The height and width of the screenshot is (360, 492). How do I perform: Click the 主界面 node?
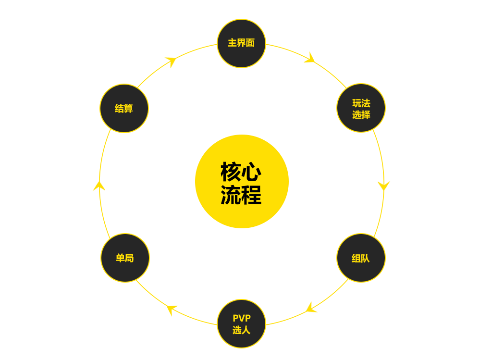[x=241, y=43]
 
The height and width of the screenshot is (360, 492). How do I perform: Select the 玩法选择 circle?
[x=361, y=108]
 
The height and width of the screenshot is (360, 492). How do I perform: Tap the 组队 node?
[x=361, y=258]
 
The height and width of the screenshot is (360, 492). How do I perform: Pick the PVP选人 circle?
[x=241, y=323]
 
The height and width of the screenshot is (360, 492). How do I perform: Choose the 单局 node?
[x=125, y=258]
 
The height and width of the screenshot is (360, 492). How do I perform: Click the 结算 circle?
[x=124, y=108]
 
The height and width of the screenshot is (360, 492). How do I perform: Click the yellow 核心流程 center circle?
[x=242, y=181]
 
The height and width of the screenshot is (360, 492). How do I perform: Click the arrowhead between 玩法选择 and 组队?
[x=383, y=186]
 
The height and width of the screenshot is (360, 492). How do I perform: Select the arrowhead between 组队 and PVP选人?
[x=310, y=308]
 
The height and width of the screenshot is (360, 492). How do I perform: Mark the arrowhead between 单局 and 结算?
[x=99, y=186]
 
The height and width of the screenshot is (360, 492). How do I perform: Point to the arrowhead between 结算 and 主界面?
[x=171, y=61]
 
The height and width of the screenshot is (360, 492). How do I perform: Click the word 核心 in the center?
[x=241, y=172]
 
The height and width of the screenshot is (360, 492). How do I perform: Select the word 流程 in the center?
[x=241, y=194]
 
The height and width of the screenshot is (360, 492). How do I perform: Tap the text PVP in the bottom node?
[x=241, y=318]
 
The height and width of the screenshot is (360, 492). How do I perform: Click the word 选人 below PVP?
[x=241, y=330]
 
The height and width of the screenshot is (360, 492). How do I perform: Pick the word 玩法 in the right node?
[x=361, y=103]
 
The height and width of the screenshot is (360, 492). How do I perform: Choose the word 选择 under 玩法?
[x=361, y=115]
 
